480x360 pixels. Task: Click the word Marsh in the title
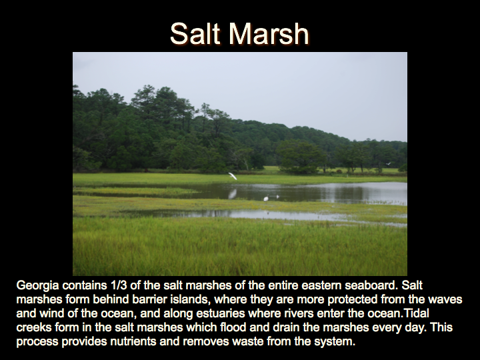coord(269,34)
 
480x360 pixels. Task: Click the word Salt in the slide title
coord(195,34)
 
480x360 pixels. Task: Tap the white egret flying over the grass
coord(233,176)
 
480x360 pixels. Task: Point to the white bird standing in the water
coord(266,199)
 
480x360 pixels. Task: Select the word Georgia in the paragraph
coord(37,285)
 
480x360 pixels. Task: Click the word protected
coord(352,300)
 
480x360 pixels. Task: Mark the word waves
coord(445,299)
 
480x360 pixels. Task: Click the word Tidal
coord(416,313)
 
